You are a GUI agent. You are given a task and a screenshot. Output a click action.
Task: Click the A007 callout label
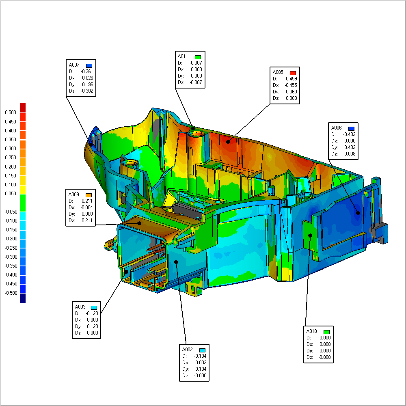[74, 65]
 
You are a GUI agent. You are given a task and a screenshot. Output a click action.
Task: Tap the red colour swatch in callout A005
[293, 73]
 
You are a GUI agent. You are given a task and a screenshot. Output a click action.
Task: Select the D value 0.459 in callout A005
[291, 79]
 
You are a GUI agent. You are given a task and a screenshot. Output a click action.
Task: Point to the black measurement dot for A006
[358, 213]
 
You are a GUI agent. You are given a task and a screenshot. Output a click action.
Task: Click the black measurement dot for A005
[228, 142]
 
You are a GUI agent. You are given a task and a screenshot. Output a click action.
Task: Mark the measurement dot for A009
[139, 223]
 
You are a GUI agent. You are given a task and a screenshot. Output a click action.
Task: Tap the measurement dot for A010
[310, 235]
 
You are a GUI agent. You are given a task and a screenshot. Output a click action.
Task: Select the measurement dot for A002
[176, 262]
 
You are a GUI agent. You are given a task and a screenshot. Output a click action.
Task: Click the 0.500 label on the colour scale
[11, 112]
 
